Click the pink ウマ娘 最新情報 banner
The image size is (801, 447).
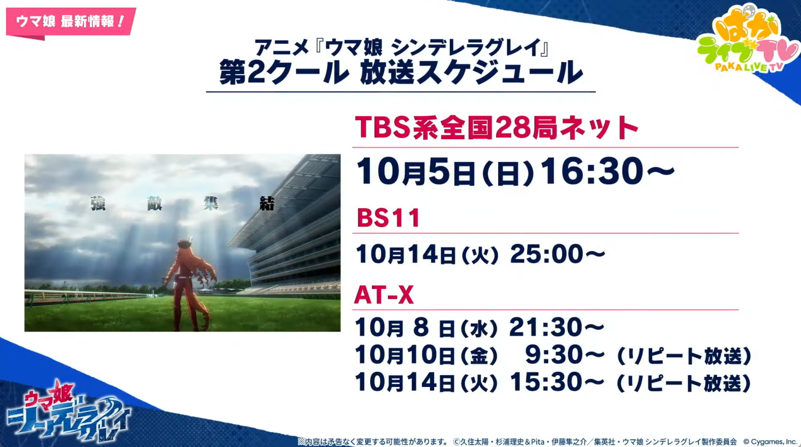(71, 22)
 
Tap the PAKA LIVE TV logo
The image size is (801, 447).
(748, 40)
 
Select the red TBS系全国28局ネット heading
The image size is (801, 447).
(497, 127)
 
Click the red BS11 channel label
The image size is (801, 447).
(389, 218)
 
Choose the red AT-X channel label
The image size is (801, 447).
(384, 295)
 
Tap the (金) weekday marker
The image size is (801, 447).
(479, 356)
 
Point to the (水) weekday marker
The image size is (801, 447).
(479, 328)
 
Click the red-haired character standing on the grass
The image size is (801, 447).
(188, 284)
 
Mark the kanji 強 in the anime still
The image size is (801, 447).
(98, 204)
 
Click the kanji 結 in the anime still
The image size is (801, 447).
(267, 204)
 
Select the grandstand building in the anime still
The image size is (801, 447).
(286, 225)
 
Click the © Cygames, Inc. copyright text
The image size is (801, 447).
(771, 442)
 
